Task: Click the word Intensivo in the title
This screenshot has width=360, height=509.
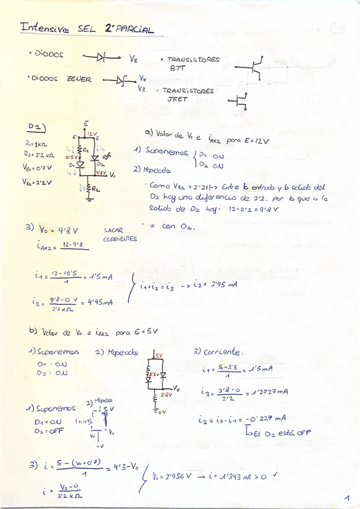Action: (x=44, y=28)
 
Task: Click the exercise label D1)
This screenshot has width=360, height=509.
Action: (x=37, y=127)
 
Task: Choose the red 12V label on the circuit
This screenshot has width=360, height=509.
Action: (x=92, y=134)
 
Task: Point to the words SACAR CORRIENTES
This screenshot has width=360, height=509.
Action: (x=120, y=234)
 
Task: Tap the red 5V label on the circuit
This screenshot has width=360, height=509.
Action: (x=159, y=355)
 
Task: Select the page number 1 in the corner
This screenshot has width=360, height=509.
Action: (x=347, y=498)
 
